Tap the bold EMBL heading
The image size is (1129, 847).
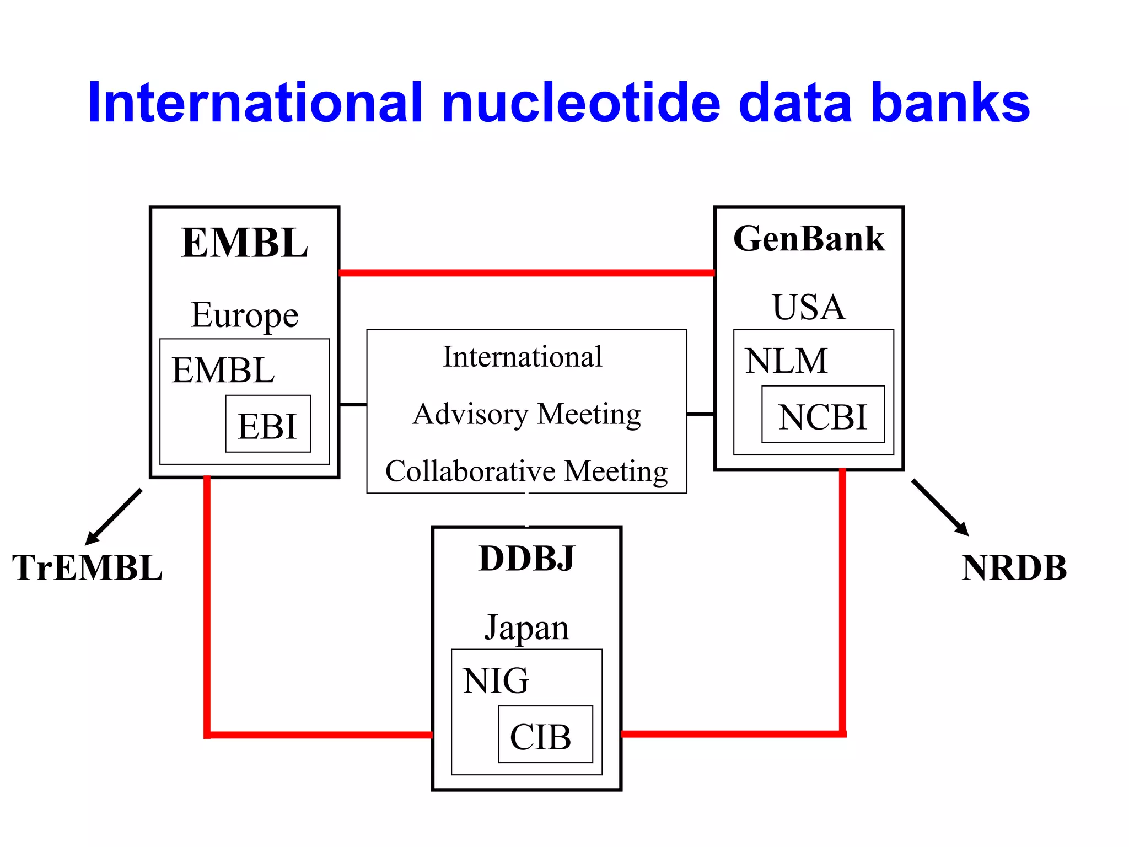(244, 243)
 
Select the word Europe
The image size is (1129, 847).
(244, 315)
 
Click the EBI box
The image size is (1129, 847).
(268, 424)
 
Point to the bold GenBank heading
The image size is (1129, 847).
(809, 239)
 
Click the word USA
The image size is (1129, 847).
(808, 307)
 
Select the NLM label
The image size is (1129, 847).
(786, 361)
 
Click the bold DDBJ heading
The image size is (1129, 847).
(526, 559)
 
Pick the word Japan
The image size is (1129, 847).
(526, 628)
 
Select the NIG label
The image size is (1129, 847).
(496, 680)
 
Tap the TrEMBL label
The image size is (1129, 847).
(87, 568)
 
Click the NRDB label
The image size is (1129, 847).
(1014, 568)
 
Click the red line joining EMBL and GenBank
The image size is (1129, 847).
(526, 272)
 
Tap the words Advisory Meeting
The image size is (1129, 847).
(526, 414)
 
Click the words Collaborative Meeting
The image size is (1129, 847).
(526, 471)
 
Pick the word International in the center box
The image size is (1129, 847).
(523, 357)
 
